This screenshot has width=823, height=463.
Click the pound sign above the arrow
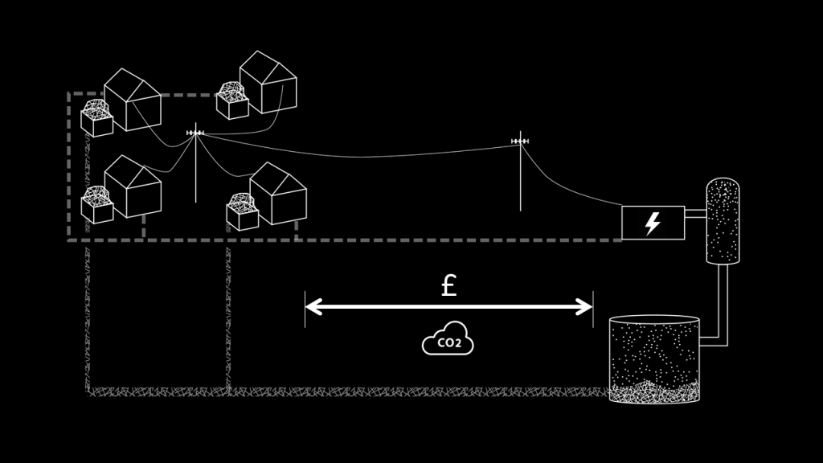448,285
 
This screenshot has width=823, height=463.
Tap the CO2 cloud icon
448,341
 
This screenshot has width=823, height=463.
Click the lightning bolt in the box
653,223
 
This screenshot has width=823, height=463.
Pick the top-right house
268,82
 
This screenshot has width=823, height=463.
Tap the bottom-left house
133,186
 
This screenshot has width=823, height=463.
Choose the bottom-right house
278,194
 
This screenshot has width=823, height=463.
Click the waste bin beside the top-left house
96,119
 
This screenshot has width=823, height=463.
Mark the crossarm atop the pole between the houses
195,133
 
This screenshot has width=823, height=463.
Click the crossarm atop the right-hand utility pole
520,142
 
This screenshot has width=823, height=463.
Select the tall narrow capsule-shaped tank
723,221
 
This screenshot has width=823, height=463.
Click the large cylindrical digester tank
654,359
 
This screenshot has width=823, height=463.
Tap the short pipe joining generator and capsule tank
695,214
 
